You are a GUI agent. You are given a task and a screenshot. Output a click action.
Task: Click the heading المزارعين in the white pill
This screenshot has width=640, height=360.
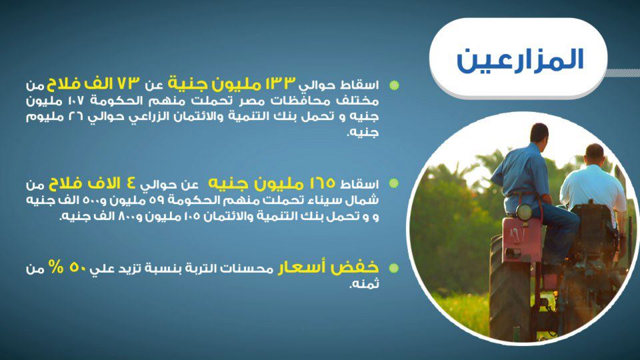pyautogui.click(x=520, y=60)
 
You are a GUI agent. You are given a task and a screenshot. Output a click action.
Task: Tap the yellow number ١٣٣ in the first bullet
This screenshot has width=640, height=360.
pyautogui.click(x=280, y=83)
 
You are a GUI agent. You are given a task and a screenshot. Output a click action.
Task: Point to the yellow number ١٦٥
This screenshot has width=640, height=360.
pyautogui.click(x=322, y=183)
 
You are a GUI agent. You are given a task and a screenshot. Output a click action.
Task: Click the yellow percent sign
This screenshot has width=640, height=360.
pyautogui.click(x=56, y=267)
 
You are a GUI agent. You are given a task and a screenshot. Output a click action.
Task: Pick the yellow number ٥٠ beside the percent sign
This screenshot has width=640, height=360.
pyautogui.click(x=77, y=267)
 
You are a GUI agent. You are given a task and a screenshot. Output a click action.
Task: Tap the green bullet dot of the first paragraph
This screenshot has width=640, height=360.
pyautogui.click(x=394, y=85)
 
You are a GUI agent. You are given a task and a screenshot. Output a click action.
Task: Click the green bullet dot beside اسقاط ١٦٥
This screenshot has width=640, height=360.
pyautogui.click(x=394, y=183)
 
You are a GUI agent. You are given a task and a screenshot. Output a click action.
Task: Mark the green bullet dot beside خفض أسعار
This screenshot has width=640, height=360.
pyautogui.click(x=394, y=268)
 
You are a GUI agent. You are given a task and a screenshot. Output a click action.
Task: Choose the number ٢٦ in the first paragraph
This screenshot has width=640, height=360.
pyautogui.click(x=75, y=117)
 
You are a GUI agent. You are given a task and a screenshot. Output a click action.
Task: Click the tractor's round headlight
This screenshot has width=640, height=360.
pyautogui.click(x=523, y=212)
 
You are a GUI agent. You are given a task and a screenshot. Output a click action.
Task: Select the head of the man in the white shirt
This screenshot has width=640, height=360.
pyautogui.click(x=594, y=154)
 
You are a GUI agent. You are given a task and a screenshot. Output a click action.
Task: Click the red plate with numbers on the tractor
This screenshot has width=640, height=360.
pyautogui.click(x=521, y=239)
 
